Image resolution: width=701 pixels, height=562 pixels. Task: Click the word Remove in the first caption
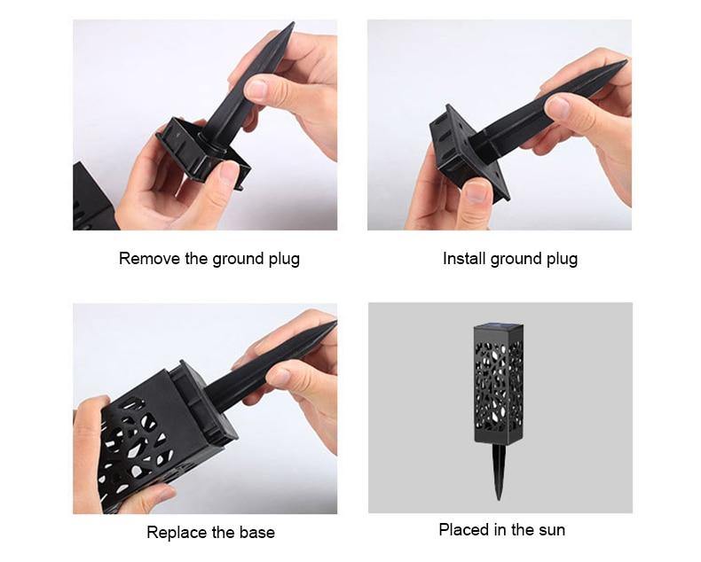click(x=149, y=259)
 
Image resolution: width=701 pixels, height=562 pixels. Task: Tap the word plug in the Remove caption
click(x=284, y=260)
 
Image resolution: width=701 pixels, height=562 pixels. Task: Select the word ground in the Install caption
click(x=511, y=260)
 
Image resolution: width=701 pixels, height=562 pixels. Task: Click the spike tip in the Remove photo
click(x=292, y=24)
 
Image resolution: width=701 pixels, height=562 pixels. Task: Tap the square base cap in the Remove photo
click(x=201, y=150)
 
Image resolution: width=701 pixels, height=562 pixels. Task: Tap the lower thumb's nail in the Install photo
click(x=477, y=191)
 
